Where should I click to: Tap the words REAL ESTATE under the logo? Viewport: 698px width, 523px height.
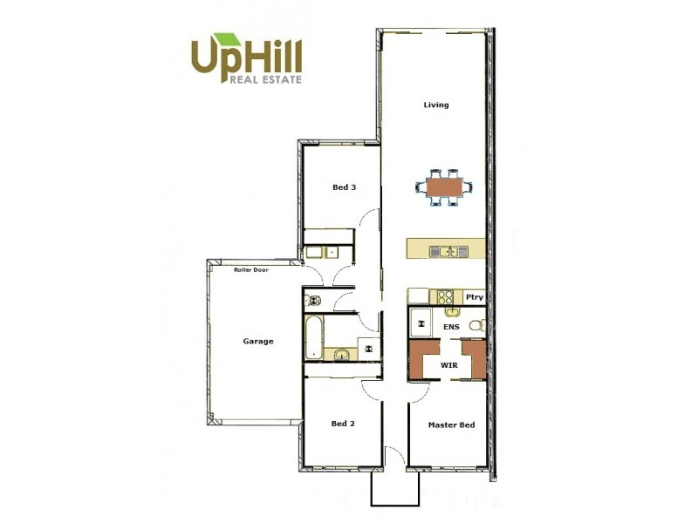[264, 79]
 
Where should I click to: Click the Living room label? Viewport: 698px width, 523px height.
[436, 105]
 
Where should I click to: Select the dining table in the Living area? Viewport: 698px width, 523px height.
[444, 186]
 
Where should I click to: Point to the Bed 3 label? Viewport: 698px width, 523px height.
[344, 187]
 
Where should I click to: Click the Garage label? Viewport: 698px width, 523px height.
[258, 341]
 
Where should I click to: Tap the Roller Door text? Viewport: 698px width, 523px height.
[250, 270]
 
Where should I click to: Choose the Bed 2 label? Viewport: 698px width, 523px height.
[343, 425]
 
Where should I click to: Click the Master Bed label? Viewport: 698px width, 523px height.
[451, 425]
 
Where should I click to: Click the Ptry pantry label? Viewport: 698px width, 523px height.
[474, 297]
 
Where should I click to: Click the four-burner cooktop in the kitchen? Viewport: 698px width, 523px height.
[445, 296]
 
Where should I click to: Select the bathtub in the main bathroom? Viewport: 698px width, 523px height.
[313, 337]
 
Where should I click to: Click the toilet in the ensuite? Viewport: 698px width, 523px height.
[476, 326]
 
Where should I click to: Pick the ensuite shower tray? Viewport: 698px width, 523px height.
[422, 323]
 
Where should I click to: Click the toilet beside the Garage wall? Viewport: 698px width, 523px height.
[312, 301]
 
